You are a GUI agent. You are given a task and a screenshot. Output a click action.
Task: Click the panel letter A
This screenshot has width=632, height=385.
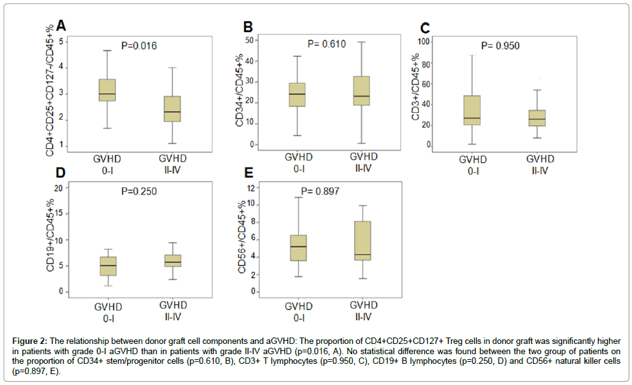coord(62,25)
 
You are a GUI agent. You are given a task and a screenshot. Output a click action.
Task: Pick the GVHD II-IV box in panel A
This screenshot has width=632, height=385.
coord(173,108)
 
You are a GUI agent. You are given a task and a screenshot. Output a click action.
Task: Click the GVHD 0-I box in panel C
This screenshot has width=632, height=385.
coord(471,110)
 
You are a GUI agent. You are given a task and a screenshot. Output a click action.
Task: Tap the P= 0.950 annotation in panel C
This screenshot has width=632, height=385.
coord(500,46)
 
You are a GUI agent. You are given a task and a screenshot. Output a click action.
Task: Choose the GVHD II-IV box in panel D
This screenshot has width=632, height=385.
coord(173,260)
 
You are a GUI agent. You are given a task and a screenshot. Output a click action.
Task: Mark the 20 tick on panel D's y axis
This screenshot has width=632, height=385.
coord(58,188)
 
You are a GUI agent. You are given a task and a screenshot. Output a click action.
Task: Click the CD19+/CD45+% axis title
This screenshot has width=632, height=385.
coord(50,237)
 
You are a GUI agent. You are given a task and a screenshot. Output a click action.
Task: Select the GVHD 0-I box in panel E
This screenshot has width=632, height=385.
coord(298,248)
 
